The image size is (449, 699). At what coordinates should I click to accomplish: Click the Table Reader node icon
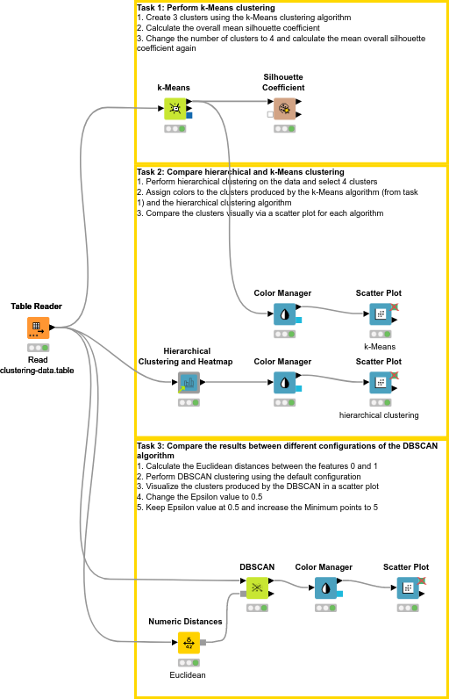[x=38, y=328]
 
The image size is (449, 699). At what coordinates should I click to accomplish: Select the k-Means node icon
[x=175, y=108]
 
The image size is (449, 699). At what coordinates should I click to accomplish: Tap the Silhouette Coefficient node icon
[x=283, y=108]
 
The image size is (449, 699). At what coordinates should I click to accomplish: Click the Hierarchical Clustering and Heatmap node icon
[x=189, y=382]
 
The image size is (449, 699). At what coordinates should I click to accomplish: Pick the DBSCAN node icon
[x=256, y=587]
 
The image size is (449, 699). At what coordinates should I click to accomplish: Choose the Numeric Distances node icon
[x=189, y=642]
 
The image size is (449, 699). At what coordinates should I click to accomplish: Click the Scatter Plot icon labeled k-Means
[x=380, y=313]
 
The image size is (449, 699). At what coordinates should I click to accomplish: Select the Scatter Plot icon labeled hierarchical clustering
[x=380, y=382]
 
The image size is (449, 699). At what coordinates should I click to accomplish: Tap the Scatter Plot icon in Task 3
[x=406, y=587]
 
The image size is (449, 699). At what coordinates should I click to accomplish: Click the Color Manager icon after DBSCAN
[x=324, y=587]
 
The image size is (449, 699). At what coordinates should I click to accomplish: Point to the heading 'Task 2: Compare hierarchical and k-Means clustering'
[x=240, y=171]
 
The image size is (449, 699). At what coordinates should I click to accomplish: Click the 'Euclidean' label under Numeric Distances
[x=189, y=675]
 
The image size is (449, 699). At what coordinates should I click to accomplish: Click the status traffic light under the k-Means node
[x=175, y=128]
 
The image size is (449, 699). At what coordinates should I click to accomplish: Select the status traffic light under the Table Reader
[x=38, y=348]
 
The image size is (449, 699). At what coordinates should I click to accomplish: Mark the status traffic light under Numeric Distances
[x=189, y=662]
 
